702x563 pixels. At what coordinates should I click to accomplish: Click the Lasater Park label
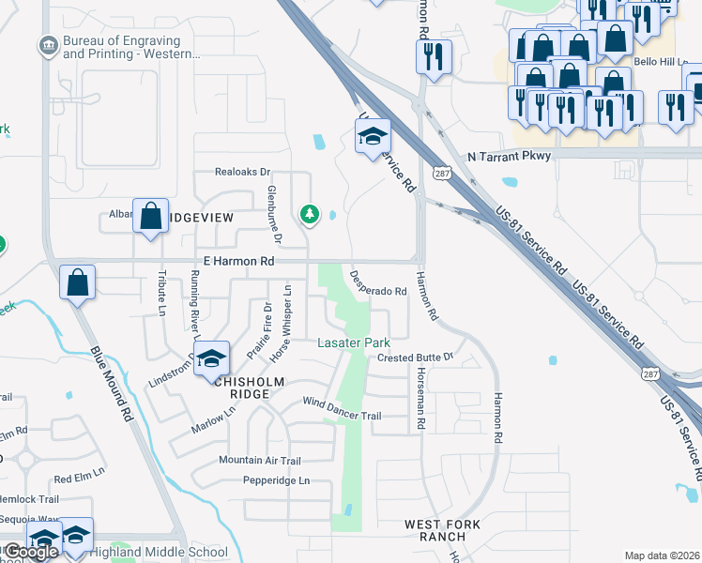(352, 343)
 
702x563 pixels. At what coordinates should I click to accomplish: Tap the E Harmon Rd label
(238, 262)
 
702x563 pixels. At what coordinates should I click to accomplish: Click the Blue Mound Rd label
(113, 385)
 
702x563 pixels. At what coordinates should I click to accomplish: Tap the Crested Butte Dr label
(415, 358)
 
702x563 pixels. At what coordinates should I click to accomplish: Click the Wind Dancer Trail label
(342, 409)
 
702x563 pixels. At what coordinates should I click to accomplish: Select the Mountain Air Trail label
(259, 460)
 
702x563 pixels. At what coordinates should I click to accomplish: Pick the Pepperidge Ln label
(276, 480)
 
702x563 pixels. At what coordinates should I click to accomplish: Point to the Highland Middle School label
(159, 552)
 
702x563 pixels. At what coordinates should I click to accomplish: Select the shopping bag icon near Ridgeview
(150, 217)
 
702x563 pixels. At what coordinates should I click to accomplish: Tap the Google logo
(31, 552)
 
